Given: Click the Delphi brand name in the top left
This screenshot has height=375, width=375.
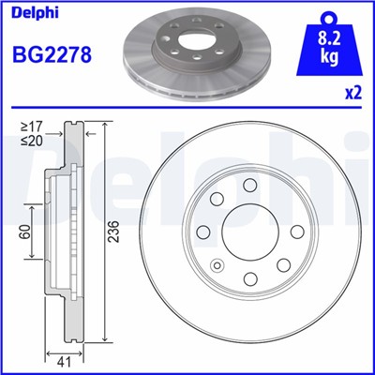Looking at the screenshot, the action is point(35,14).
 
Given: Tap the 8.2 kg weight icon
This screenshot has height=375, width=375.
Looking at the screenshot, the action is point(329,44).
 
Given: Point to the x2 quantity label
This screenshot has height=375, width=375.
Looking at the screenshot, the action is point(353,93).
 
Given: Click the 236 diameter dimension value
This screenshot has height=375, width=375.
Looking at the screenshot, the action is point(114,232).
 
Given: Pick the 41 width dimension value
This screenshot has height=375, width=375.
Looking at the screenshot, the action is point(64,362).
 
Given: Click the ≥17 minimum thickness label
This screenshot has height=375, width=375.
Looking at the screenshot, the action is point(32,127).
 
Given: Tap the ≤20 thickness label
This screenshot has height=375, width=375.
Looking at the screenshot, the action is point(32,141).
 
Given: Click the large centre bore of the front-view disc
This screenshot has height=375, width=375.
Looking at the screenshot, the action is point(250,232).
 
